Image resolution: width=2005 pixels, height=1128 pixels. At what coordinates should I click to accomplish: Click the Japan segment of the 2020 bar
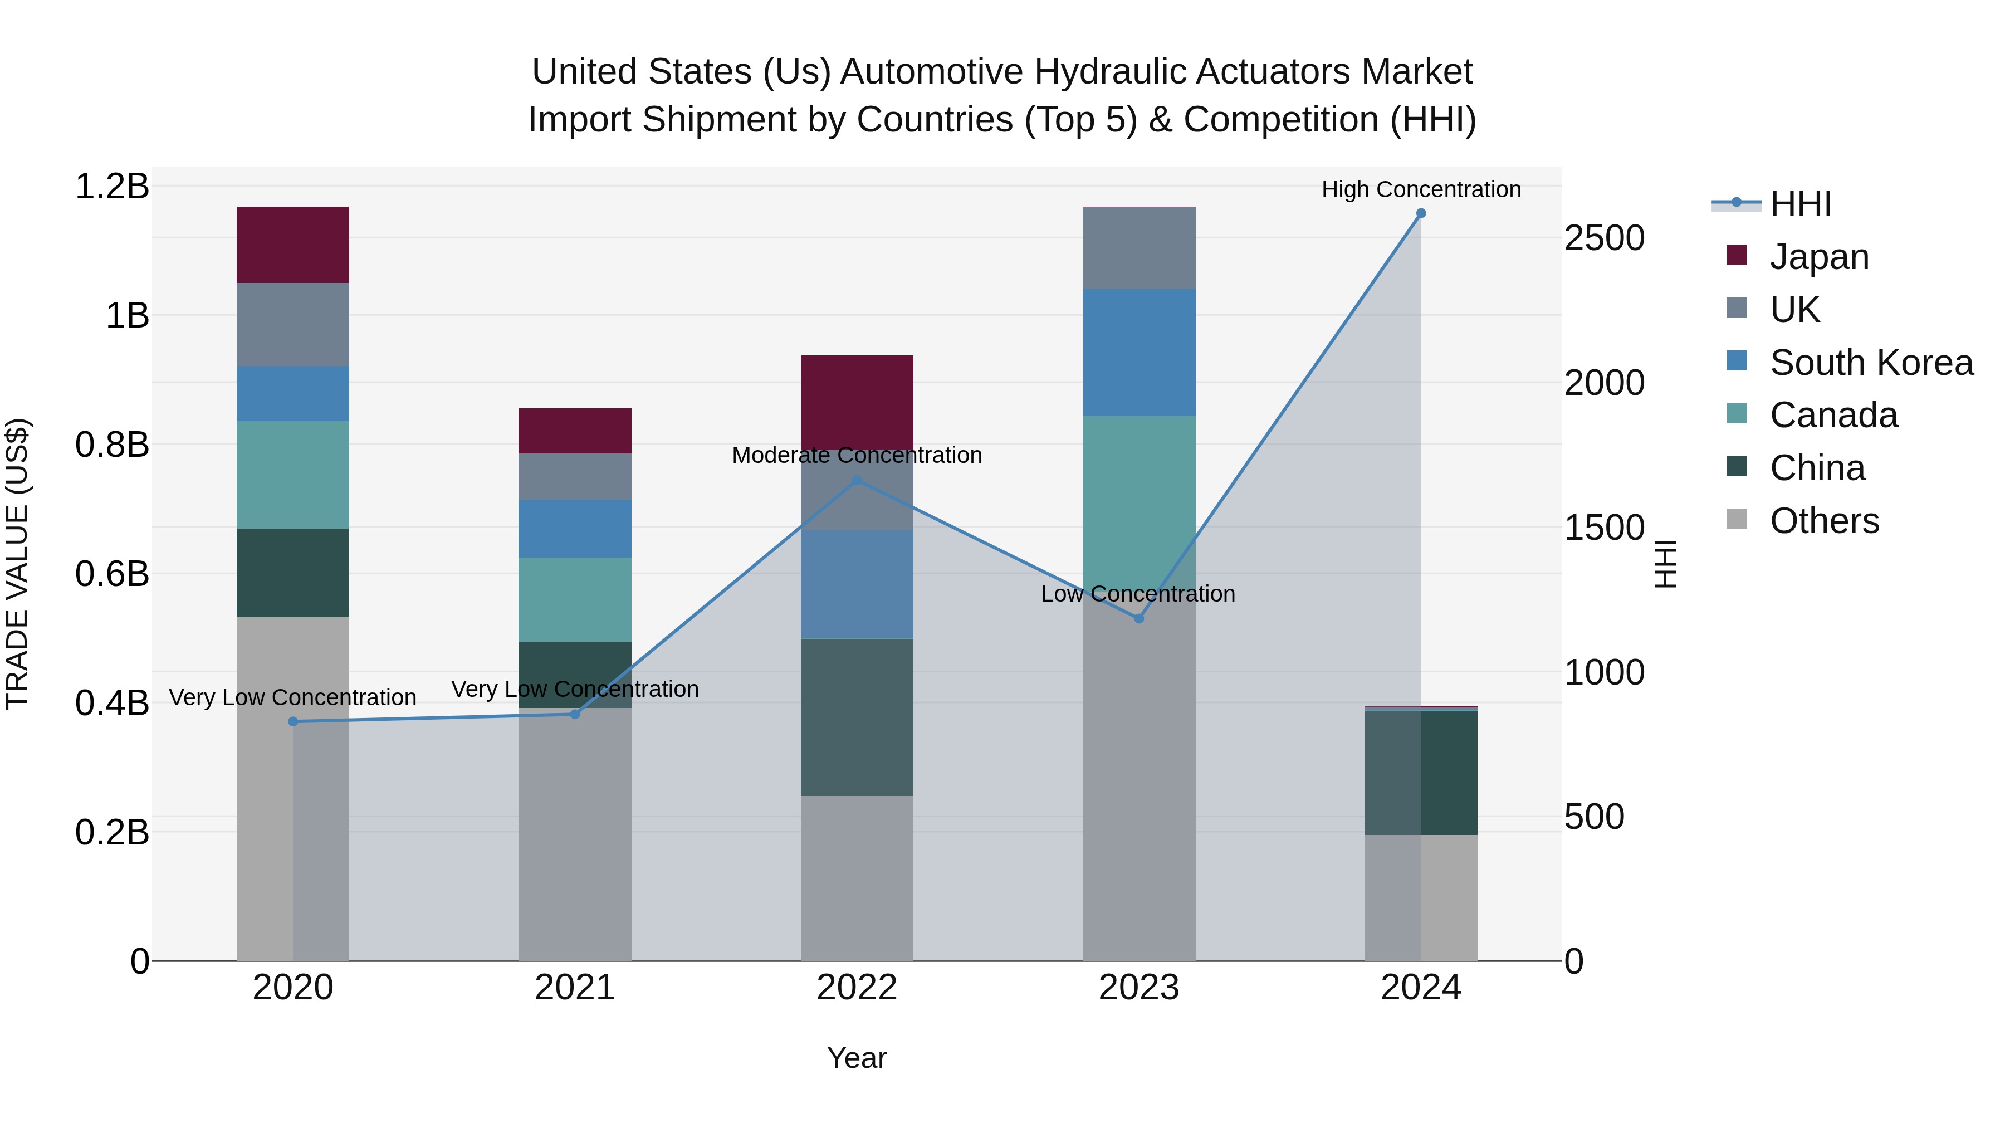point(292,245)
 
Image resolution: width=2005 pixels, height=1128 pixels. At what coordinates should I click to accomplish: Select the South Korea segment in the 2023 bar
point(1139,352)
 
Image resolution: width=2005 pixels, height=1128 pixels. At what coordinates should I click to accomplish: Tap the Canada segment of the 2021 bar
point(574,599)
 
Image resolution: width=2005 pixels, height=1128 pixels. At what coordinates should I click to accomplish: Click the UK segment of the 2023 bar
point(1139,247)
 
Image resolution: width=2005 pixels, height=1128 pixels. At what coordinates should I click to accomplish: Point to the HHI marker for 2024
point(1420,213)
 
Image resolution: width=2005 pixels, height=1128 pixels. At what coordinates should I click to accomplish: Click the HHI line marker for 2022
point(857,480)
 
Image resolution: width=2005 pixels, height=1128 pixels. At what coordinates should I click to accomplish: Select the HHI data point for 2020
point(292,721)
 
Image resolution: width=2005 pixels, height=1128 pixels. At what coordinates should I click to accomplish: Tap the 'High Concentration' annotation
point(1420,189)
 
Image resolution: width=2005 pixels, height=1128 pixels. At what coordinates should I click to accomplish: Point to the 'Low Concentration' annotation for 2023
point(1137,594)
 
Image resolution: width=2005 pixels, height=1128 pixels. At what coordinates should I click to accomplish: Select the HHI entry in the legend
point(1799,204)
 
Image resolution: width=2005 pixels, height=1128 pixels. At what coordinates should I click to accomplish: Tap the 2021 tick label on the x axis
point(574,988)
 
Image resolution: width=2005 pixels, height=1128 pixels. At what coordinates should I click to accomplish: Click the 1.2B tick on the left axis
point(111,187)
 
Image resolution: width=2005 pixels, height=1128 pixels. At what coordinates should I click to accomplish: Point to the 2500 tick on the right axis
point(1604,238)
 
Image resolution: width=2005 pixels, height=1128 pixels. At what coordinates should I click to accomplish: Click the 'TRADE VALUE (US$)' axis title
point(17,564)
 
